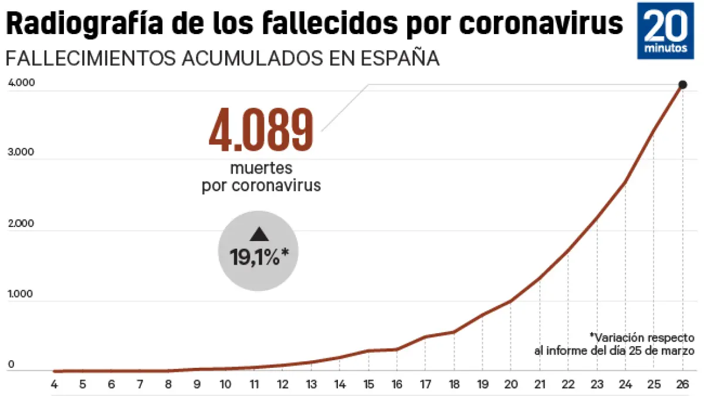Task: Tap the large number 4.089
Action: coord(261,130)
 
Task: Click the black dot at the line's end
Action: coord(682,85)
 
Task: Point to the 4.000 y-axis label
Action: coord(22,83)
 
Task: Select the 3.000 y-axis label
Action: coord(22,153)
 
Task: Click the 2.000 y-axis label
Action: coord(22,224)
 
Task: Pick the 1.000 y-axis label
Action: coord(22,294)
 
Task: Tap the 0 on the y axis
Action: coord(11,365)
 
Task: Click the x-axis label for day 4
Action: coord(54,385)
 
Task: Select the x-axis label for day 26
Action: coord(682,385)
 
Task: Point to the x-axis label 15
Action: coord(368,385)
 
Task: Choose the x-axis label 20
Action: coord(510,385)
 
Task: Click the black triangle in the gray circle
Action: coord(259,235)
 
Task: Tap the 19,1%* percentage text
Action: coord(259,257)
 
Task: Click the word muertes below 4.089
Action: coord(261,168)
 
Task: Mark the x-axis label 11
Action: coord(254,385)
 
